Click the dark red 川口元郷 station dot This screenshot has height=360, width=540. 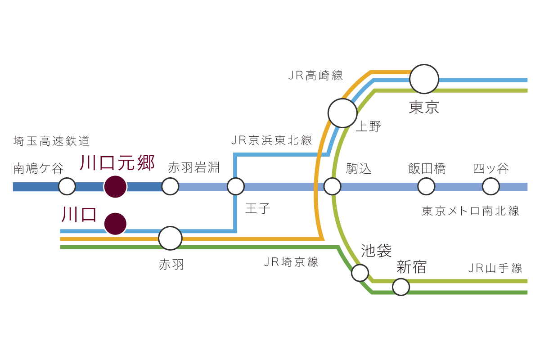pos(115,186)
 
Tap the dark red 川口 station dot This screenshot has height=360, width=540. pos(115,224)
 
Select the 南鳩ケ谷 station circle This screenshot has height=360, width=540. pos(67,186)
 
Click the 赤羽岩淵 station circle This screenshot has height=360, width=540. pos(170,186)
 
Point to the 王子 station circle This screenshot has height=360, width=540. pos(235,186)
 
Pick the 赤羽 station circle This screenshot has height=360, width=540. pos(171,238)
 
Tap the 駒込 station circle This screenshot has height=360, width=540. pos(332,186)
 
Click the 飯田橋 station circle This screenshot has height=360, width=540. pos(426,186)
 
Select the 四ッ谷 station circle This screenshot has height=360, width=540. pos(491,186)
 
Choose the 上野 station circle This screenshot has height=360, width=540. pos(342,113)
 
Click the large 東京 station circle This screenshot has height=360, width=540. pos(424,79)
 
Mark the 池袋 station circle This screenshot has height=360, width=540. pos(360,273)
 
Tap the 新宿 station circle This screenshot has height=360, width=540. pos(401,287)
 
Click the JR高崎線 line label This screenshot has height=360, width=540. pos(315,75)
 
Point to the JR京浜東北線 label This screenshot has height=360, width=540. pos(271,140)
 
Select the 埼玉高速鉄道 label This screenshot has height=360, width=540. pos(52,141)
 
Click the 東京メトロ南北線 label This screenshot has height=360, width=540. pos(470,211)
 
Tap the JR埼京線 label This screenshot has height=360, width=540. pos(291,262)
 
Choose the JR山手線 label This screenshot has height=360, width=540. pos(495,269)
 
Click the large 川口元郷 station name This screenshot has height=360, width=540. pos(117,162)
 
